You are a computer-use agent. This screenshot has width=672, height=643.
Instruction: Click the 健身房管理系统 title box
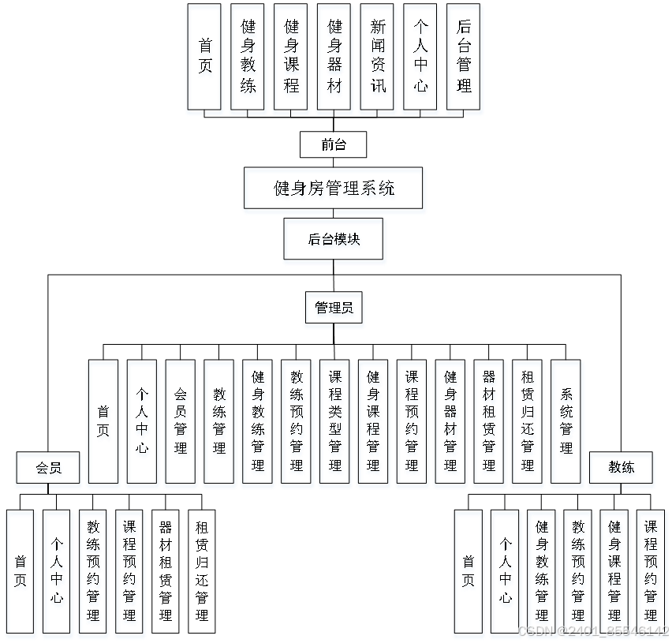334,190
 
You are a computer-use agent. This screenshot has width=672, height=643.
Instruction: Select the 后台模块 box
334,241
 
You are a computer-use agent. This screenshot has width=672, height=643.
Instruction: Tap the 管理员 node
334,310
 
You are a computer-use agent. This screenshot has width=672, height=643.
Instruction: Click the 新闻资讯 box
378,60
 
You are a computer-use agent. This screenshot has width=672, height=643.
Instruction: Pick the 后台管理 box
464,60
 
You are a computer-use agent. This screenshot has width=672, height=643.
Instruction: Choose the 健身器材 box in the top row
334,60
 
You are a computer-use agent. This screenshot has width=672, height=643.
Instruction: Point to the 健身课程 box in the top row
291,60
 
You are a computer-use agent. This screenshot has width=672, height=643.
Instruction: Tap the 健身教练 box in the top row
248,60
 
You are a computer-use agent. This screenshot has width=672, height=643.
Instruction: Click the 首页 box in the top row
205,60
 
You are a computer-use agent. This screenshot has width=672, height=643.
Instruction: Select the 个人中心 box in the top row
420,60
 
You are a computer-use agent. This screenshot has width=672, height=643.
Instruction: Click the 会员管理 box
181,424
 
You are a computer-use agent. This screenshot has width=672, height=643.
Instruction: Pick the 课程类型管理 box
335,424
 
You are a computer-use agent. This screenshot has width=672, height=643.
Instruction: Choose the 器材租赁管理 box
490,424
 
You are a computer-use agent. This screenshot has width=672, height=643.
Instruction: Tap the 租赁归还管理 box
528,424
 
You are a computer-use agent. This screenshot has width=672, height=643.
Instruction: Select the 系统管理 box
567,424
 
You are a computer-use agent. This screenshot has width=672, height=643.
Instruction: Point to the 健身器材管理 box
451,424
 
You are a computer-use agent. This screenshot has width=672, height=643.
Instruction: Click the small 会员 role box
49,469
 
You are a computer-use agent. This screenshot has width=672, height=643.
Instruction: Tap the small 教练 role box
622,469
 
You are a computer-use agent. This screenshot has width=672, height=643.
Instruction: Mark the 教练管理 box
219,424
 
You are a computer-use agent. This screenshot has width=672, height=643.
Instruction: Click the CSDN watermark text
592,630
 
